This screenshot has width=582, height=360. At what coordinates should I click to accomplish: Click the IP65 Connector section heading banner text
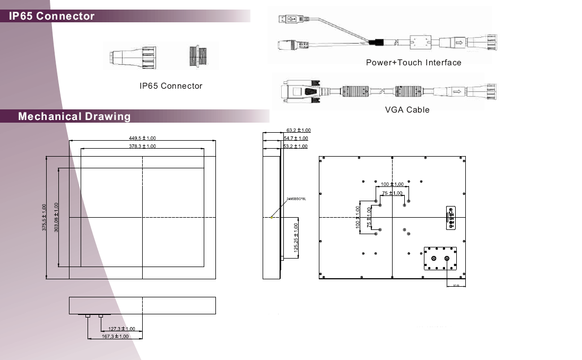click(51, 16)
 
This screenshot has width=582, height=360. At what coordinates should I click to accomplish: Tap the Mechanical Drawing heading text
click(74, 116)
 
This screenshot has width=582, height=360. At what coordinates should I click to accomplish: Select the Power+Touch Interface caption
click(413, 63)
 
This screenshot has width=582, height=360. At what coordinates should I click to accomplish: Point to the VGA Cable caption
click(407, 110)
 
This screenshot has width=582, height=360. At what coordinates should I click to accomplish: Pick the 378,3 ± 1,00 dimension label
click(142, 146)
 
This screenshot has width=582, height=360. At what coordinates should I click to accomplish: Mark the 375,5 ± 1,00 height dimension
click(44, 217)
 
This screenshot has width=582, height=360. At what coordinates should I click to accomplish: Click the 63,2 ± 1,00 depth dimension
click(298, 130)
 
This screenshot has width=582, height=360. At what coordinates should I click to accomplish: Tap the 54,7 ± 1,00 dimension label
click(296, 138)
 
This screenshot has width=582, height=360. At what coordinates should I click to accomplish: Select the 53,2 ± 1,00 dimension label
click(295, 146)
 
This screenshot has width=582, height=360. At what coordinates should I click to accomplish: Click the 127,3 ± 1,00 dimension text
click(121, 329)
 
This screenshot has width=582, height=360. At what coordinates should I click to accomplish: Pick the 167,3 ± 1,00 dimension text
click(115, 336)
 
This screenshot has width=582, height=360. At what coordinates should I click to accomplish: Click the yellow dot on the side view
click(271, 217)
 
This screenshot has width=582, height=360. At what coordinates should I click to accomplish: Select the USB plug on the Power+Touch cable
click(289, 19)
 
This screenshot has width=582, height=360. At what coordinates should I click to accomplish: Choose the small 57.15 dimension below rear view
click(456, 286)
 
